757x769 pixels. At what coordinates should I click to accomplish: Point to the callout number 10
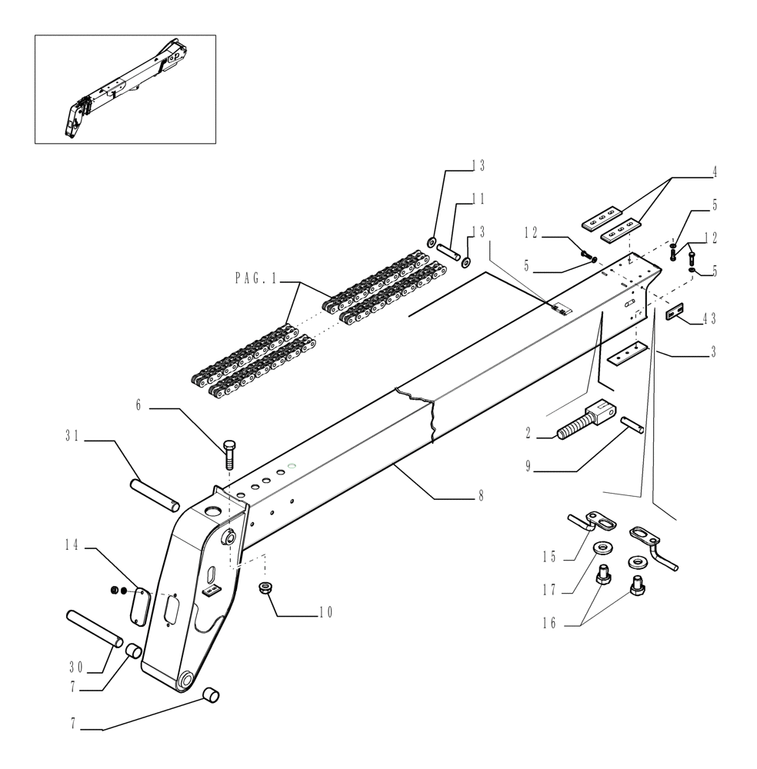[x=325, y=614]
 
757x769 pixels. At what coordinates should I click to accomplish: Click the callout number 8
[x=482, y=497]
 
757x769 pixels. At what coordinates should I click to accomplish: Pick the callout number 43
[x=708, y=318]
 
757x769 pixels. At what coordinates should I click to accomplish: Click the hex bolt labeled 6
[x=228, y=454]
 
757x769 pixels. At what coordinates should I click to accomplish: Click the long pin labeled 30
[x=95, y=628]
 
